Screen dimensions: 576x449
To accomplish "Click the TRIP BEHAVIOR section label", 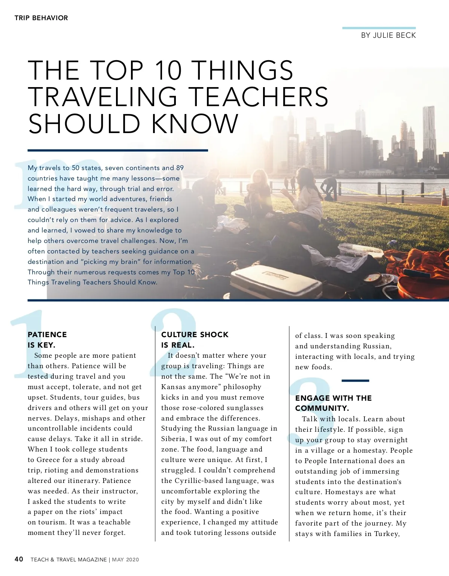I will pos(41,18).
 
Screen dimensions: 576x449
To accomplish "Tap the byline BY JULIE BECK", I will pos(388,36).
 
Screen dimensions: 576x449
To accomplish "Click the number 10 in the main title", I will pos(168,70).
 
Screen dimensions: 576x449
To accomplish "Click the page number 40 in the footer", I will pos(19,559).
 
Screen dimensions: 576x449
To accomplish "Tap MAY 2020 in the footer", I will pos(125,560).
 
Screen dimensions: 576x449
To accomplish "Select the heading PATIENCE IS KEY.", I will pos(47,339).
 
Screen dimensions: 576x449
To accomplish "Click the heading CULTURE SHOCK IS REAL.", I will pos(195,339).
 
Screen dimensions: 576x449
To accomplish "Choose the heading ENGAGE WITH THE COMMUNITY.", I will pos(333,403).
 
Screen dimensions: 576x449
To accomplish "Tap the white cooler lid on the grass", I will pos(275,280).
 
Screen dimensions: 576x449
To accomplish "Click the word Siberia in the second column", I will pos(174,439).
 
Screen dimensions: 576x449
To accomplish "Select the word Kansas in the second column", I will pos(173,387).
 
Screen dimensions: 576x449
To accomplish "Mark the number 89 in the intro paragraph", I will pos(180,168).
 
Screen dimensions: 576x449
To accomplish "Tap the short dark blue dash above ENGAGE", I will pos(355,381).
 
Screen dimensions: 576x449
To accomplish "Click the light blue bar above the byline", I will pos(379,28).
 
